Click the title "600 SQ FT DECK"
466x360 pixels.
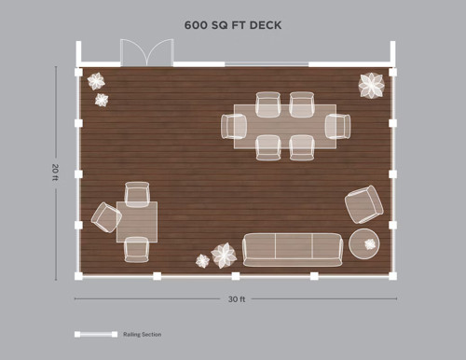click(x=233, y=25)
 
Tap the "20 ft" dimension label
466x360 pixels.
click(x=55, y=172)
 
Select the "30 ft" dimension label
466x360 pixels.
click(x=237, y=299)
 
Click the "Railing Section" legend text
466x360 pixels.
click(x=143, y=335)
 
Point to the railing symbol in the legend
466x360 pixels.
click(x=96, y=334)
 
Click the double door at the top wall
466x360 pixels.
click(x=147, y=52)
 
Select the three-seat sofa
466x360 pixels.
click(x=293, y=250)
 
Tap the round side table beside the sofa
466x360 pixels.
click(x=364, y=244)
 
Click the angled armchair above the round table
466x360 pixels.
click(x=364, y=204)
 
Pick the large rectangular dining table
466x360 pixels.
click(x=285, y=127)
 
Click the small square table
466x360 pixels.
click(x=137, y=222)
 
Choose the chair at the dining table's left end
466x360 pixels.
click(x=234, y=127)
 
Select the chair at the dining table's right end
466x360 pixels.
click(x=338, y=127)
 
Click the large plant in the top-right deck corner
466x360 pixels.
click(x=372, y=85)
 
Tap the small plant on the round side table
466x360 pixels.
click(x=370, y=244)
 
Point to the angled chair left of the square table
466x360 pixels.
click(x=106, y=217)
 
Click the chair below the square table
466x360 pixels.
click(x=137, y=250)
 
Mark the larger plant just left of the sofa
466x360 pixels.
click(x=224, y=256)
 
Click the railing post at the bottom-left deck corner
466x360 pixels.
click(x=78, y=276)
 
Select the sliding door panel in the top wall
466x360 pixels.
click(x=267, y=64)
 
